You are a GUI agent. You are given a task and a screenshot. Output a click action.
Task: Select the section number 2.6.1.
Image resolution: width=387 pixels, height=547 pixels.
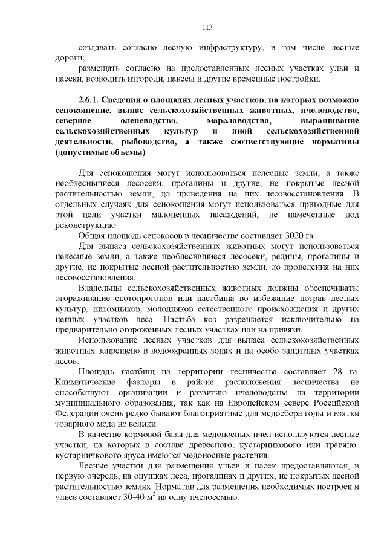89,99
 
